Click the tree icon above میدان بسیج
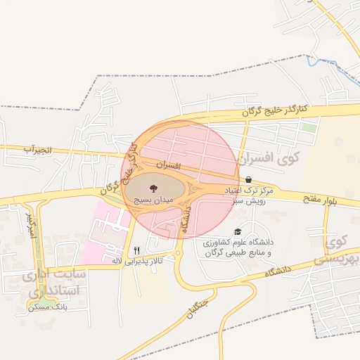(153, 188)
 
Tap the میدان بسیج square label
(153, 200)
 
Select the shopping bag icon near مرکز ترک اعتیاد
(250, 180)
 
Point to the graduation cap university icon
(238, 231)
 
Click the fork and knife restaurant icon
(136, 250)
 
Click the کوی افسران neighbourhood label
(269, 157)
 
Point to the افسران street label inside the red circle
(169, 167)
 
